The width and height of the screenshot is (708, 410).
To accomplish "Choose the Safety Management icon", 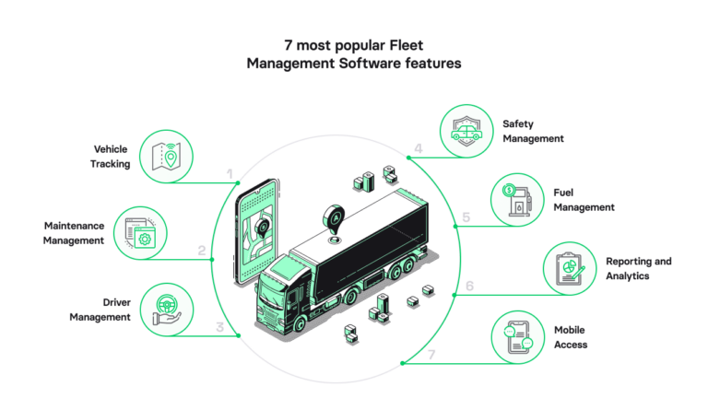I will [x=466, y=130].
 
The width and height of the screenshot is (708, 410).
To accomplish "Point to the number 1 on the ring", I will [x=230, y=173].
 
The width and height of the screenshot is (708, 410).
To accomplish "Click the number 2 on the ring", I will [x=202, y=250].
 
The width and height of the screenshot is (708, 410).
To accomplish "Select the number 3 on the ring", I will [x=218, y=325].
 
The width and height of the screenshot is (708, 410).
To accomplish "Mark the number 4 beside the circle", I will [x=418, y=148].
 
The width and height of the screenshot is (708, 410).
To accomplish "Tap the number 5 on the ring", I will [x=466, y=217].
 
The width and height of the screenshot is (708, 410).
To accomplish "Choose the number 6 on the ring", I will [x=468, y=287].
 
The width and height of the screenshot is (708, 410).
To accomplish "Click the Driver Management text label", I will [x=100, y=309].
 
